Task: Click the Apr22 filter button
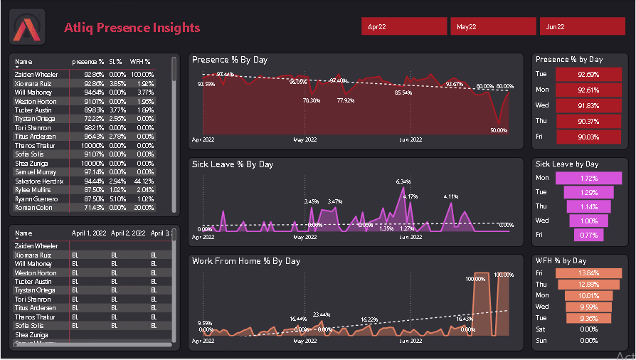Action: pyautogui.click(x=404, y=26)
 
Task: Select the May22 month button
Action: pyautogui.click(x=493, y=26)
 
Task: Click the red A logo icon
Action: pyautogui.click(x=27, y=27)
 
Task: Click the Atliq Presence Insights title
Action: pyautogui.click(x=132, y=28)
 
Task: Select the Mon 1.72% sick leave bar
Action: pyautogui.click(x=588, y=177)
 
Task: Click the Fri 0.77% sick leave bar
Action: pyautogui.click(x=588, y=235)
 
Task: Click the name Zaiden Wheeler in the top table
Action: pyautogui.click(x=36, y=74)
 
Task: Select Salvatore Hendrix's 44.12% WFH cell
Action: pyautogui.click(x=142, y=181)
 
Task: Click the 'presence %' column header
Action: pyautogui.click(x=88, y=63)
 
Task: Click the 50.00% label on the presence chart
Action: pyautogui.click(x=499, y=131)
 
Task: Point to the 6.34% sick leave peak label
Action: pyautogui.click(x=403, y=181)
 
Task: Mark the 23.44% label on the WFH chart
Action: pyautogui.click(x=322, y=314)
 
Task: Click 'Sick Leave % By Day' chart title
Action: pyautogui.click(x=233, y=164)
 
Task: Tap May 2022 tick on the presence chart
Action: pyautogui.click(x=305, y=140)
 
